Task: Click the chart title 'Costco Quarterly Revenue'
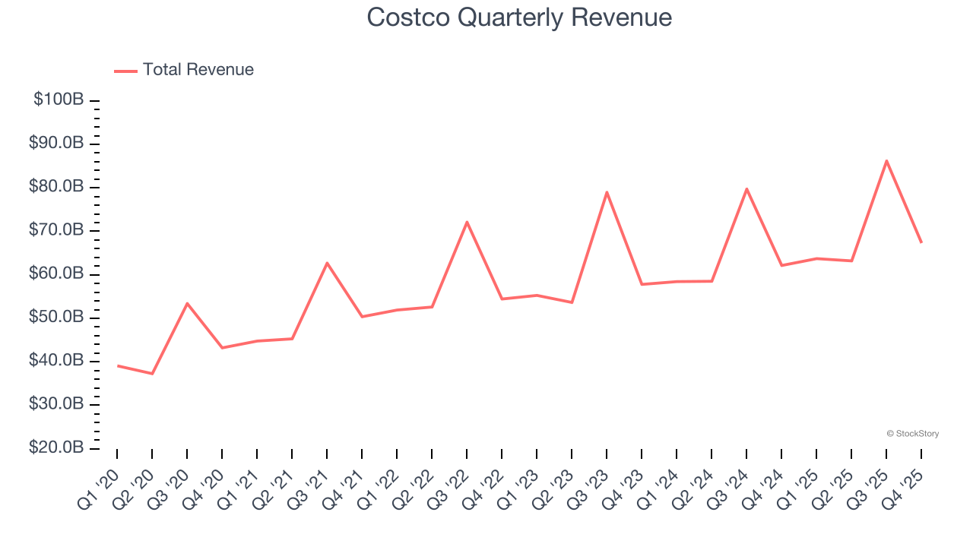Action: [519, 17]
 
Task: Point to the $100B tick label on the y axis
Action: [59, 100]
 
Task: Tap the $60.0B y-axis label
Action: [55, 273]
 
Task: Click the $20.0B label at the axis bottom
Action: [55, 448]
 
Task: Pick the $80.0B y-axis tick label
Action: [55, 187]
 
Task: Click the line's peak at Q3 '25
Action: [886, 160]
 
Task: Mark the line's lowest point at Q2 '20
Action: [152, 374]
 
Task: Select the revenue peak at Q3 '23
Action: [607, 191]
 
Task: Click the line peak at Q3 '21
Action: [327, 263]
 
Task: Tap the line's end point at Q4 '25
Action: [921, 242]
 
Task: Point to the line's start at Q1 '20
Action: [117, 365]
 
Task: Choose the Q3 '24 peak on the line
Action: [746, 188]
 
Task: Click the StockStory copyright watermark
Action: [912, 434]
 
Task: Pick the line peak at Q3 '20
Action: [187, 303]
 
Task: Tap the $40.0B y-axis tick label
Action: [55, 361]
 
